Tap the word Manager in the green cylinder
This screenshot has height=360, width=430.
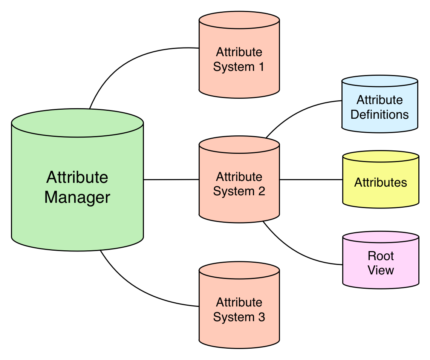[x=77, y=198]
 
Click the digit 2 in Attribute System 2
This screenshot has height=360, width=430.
[x=261, y=191]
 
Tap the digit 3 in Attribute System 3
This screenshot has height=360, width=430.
[x=261, y=317]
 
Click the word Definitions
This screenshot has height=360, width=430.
[x=380, y=115]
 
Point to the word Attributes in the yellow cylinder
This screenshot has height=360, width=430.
[x=381, y=183]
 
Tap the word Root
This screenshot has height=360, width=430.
[x=381, y=256]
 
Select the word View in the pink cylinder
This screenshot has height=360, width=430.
[x=381, y=270]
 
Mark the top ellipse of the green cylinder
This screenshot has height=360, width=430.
[x=77, y=123]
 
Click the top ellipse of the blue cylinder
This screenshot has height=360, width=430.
[x=380, y=82]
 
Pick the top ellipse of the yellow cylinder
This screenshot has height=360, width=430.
[x=381, y=157]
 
